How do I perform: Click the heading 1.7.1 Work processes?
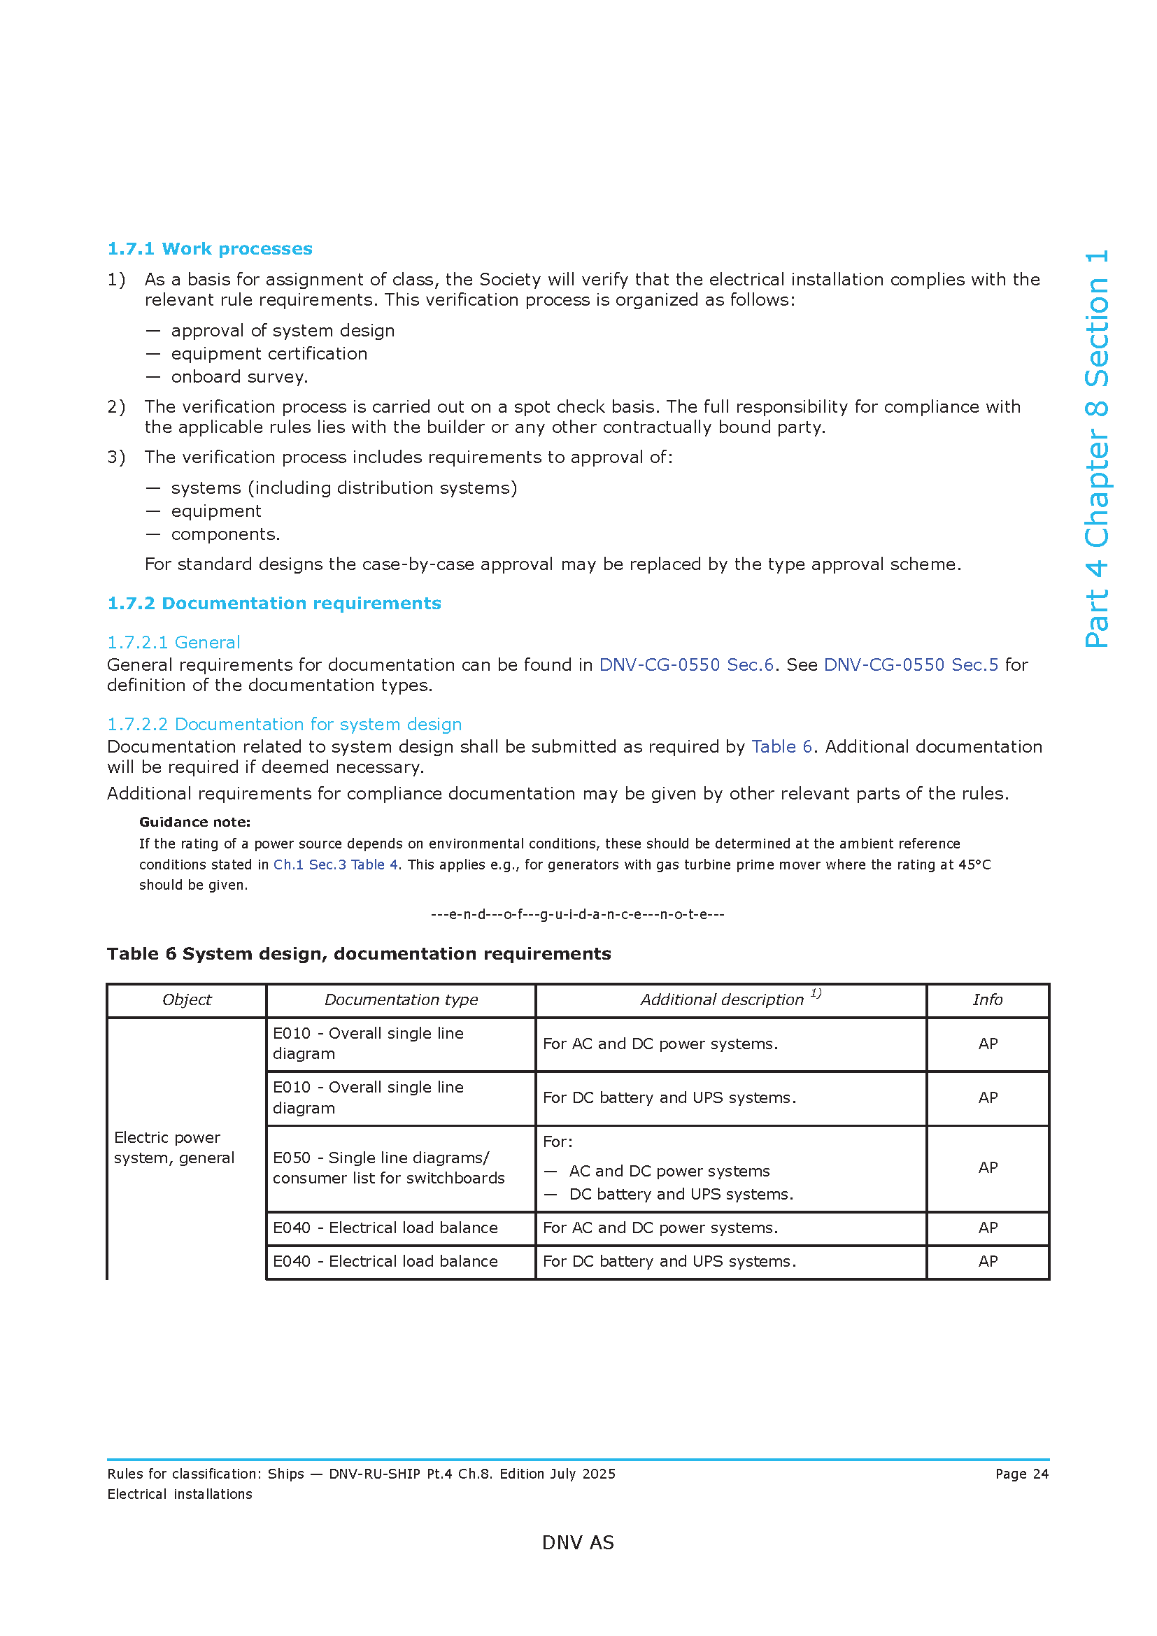209,249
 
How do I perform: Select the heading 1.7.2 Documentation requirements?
274,603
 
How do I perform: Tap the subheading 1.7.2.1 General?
173,642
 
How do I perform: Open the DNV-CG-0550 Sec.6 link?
686,664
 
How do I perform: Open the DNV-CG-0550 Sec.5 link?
911,664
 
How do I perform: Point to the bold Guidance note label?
194,822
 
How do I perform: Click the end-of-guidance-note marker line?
577,914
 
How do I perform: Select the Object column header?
187,1000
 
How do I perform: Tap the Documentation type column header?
401,1000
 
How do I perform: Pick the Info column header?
988,1000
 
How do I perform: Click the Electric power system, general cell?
174,1147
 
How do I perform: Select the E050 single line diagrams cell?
388,1168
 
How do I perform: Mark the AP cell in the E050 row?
988,1167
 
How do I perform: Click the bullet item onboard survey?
239,376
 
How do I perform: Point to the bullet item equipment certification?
269,353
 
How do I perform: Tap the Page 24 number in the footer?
1021,1474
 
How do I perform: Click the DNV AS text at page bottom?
578,1543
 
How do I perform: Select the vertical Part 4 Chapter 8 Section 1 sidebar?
1096,449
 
